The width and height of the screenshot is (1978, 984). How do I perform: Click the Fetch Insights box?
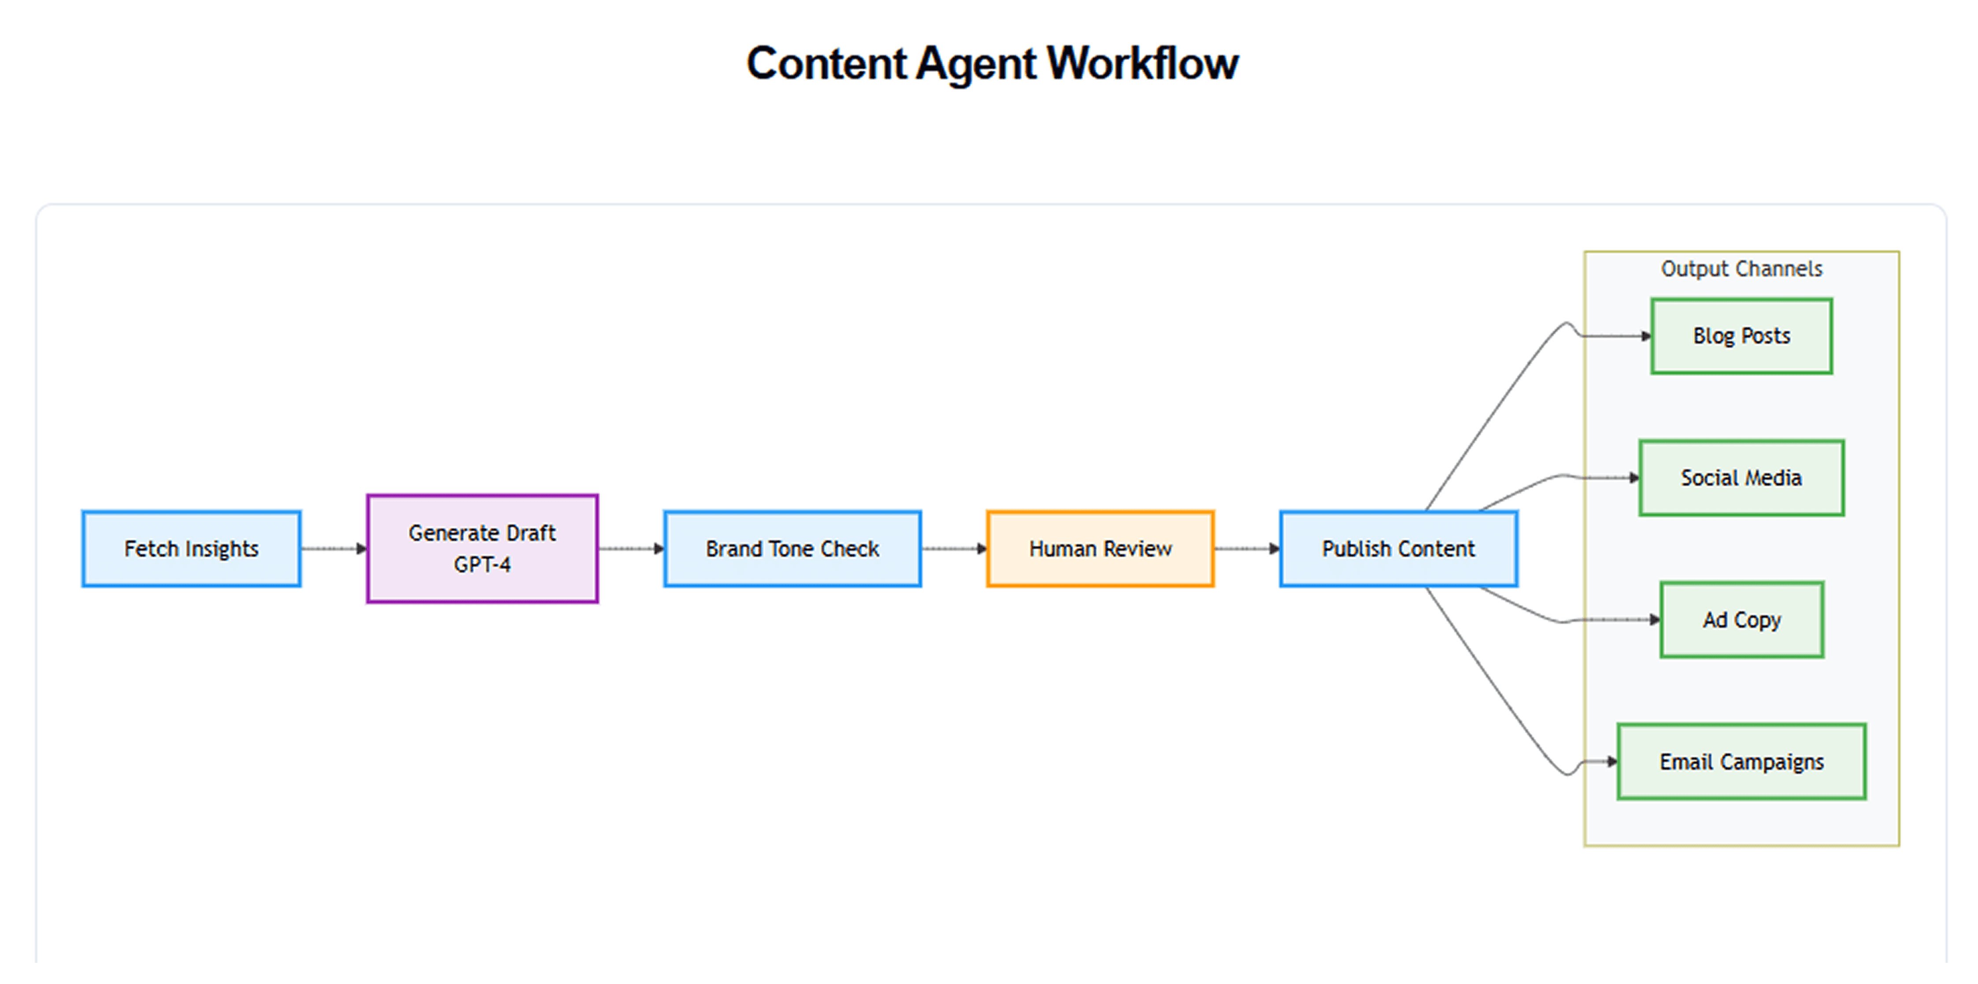click(x=191, y=548)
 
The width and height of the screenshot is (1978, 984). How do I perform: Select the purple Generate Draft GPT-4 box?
click(x=482, y=548)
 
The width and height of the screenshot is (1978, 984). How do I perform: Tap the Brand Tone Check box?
click(x=793, y=548)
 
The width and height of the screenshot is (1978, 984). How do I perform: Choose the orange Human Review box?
click(x=1100, y=548)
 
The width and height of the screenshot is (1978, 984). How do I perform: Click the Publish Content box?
click(x=1398, y=548)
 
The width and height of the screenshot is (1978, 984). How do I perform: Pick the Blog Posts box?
click(x=1741, y=335)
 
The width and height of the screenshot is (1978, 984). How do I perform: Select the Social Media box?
click(x=1741, y=478)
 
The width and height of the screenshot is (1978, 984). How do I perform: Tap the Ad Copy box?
click(x=1741, y=620)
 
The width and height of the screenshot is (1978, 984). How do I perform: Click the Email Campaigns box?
click(x=1741, y=761)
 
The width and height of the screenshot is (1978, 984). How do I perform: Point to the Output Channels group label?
click(x=1741, y=269)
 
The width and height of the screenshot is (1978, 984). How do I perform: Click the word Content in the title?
click(x=826, y=63)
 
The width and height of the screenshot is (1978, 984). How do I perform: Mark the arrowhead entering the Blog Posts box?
click(x=1646, y=335)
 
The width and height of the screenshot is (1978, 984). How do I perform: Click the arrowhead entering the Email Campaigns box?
click(x=1612, y=761)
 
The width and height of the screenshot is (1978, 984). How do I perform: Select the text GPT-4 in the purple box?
click(x=482, y=565)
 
